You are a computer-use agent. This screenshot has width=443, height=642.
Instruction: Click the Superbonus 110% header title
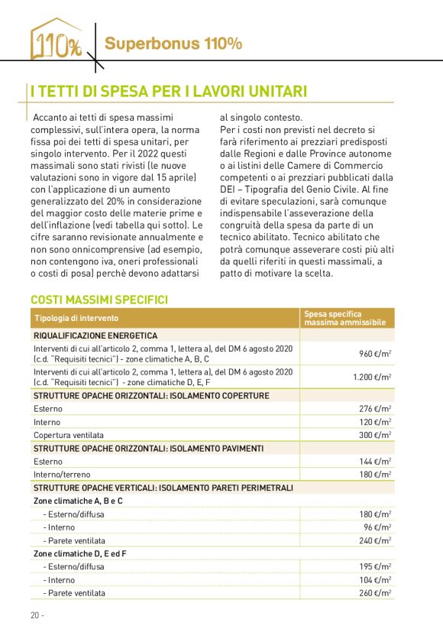[173, 44]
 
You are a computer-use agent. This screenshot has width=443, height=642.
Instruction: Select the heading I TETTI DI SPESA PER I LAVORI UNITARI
[168, 92]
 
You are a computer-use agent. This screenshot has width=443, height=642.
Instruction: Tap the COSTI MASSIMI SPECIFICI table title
[99, 300]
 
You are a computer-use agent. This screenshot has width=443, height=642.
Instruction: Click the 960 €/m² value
[376, 354]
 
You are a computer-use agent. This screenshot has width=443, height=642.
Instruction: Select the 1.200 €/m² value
[373, 377]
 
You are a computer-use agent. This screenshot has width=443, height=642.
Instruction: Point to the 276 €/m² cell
[376, 409]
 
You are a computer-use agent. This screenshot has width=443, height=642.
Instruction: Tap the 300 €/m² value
[376, 435]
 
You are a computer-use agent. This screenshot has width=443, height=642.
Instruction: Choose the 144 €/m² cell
[376, 462]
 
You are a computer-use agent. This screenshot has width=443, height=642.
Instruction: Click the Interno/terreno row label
[62, 475]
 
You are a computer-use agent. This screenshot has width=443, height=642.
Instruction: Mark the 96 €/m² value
[379, 527]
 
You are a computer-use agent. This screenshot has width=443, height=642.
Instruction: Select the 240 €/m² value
[376, 540]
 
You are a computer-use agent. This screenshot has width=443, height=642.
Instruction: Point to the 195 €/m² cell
[376, 567]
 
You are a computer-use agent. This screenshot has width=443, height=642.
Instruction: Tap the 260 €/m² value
[376, 593]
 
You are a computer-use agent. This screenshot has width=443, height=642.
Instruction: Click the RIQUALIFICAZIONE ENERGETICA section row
[95, 336]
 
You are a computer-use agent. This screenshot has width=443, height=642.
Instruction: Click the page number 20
[36, 616]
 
